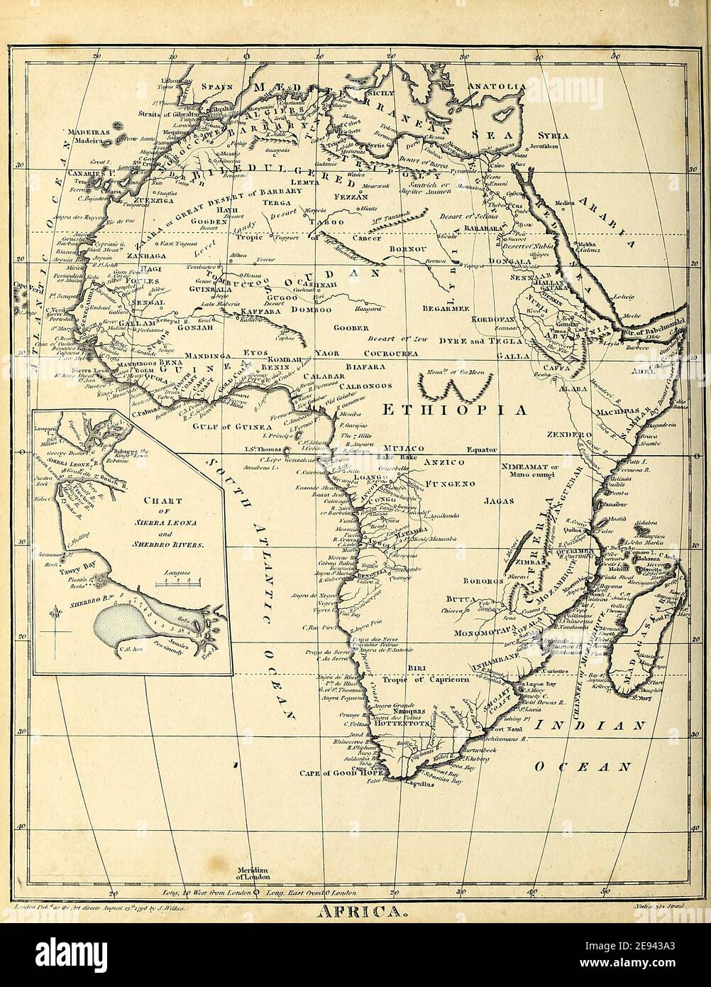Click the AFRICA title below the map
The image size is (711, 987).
[x=357, y=912]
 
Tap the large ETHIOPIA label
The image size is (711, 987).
[x=455, y=410]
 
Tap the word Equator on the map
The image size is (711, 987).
[x=481, y=449]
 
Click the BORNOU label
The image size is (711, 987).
[x=408, y=250]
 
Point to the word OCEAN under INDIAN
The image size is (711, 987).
[x=583, y=767]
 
